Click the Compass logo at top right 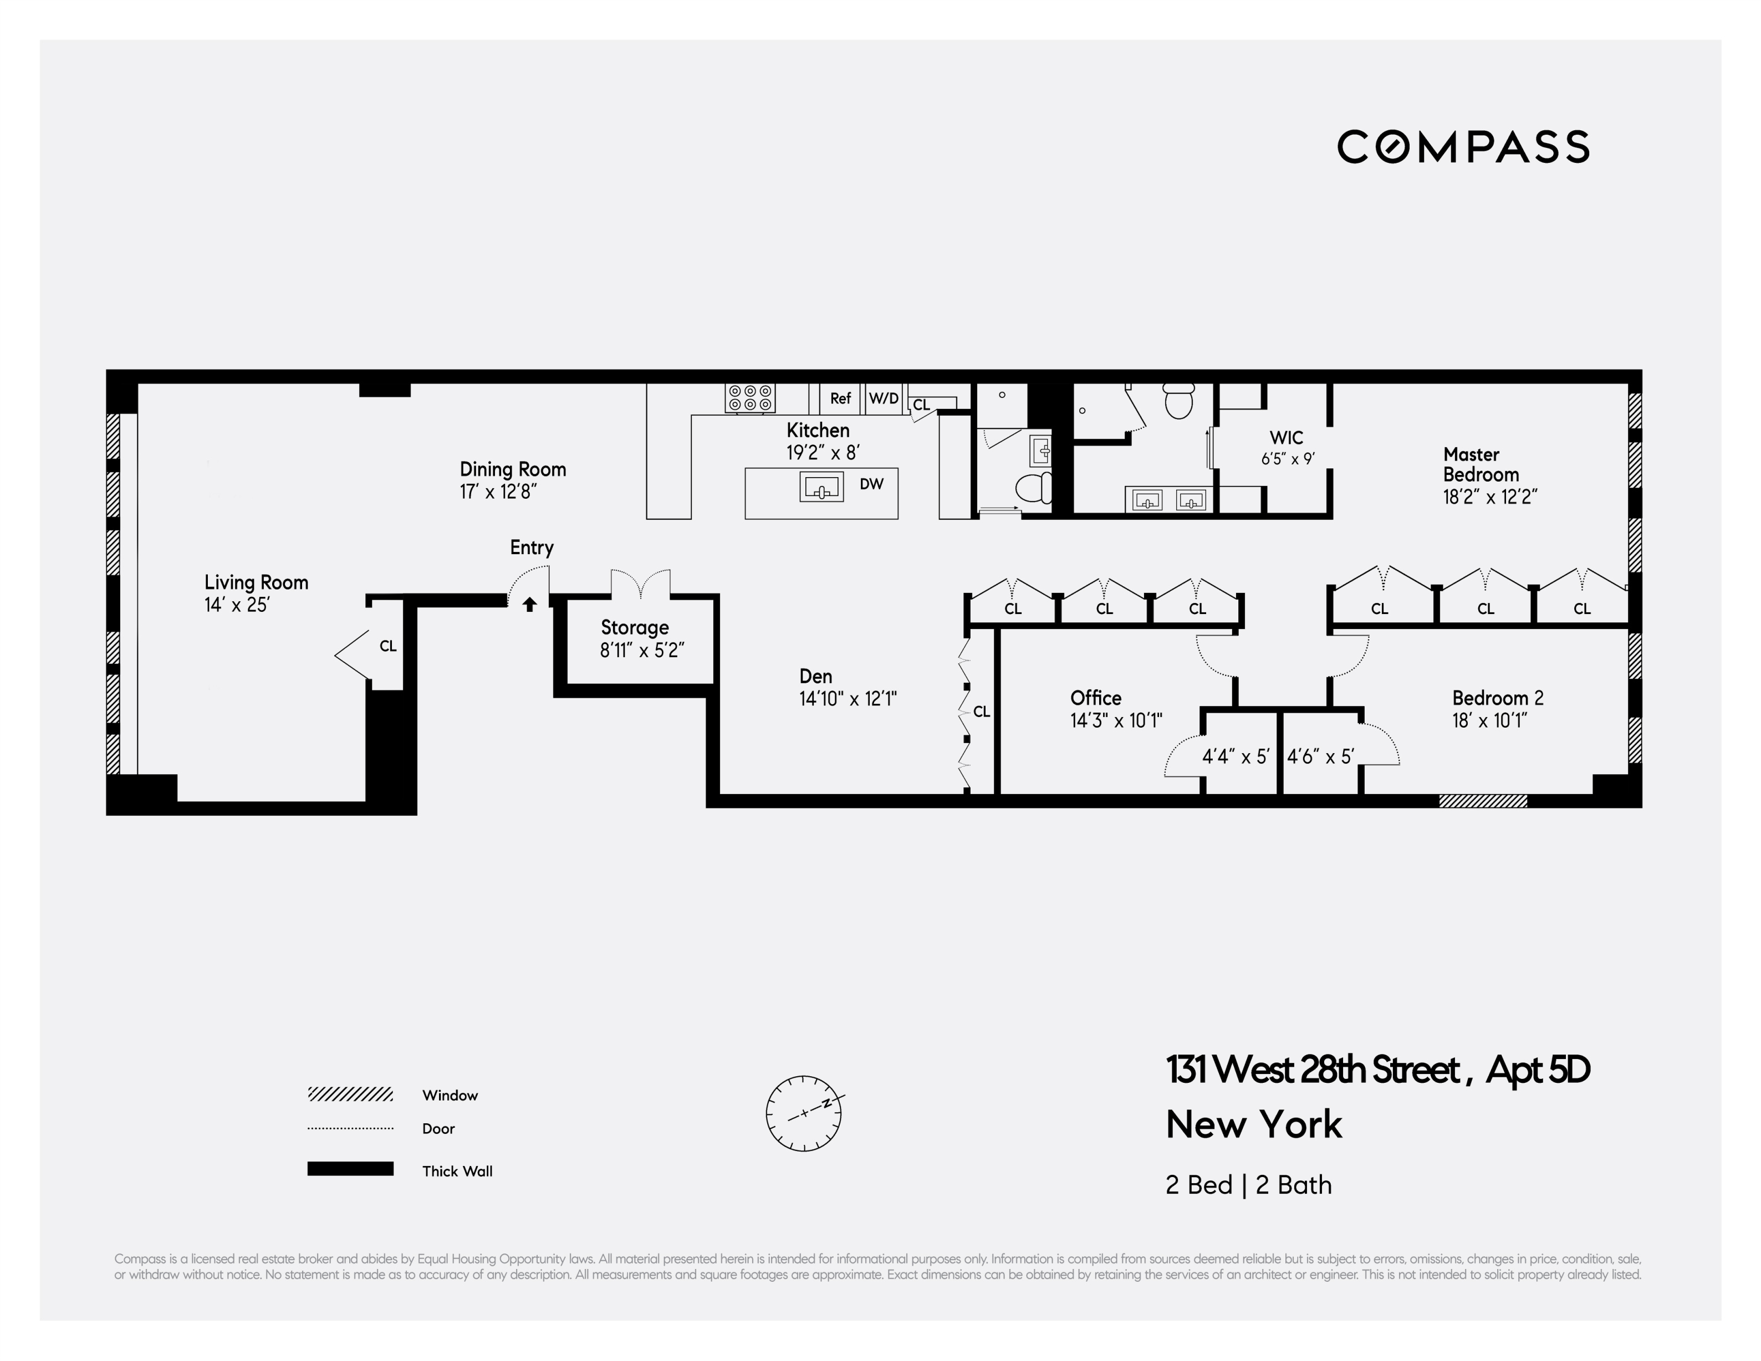(1463, 147)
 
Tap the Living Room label (256, 582)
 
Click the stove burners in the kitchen (750, 398)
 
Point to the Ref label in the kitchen (840, 398)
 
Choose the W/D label (884, 398)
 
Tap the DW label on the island (871, 484)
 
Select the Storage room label (635, 627)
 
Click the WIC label (1286, 438)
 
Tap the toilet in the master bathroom (1179, 401)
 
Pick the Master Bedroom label (1481, 464)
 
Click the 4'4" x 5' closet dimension (1236, 756)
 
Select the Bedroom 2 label (1497, 698)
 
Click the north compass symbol (803, 1113)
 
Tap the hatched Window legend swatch (350, 1094)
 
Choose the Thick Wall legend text (457, 1171)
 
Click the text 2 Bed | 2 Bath (1248, 1184)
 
